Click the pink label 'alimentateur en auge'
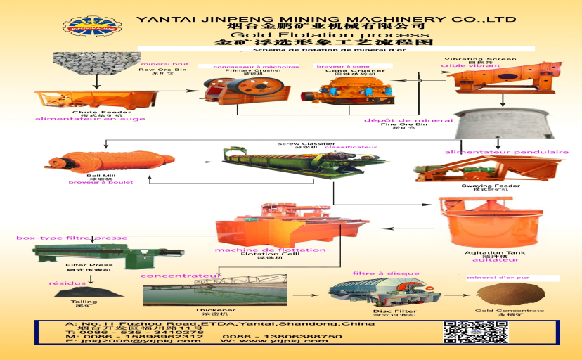pyautogui.click(x=91, y=119)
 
